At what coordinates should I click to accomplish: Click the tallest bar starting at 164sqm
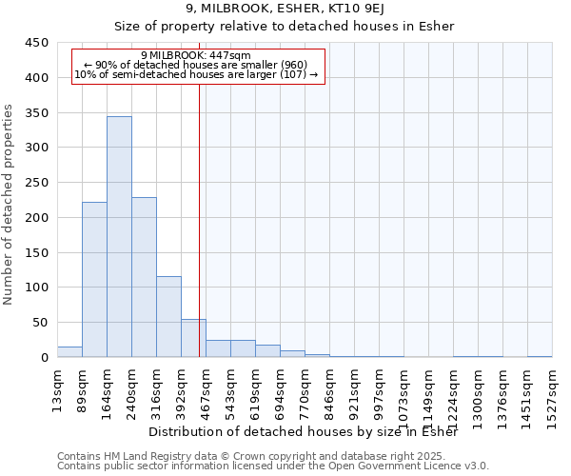pyautogui.click(x=119, y=237)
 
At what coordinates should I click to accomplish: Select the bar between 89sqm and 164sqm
pyautogui.click(x=94, y=280)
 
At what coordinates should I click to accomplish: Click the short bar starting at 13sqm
pyautogui.click(x=69, y=351)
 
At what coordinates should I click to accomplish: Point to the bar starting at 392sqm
pyautogui.click(x=193, y=338)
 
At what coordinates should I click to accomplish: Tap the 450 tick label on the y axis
pyautogui.click(x=37, y=43)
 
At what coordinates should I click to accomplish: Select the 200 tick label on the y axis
pyautogui.click(x=37, y=218)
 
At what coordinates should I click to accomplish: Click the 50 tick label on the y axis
pyautogui.click(x=41, y=323)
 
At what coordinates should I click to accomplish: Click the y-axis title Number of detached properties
pyautogui.click(x=10, y=205)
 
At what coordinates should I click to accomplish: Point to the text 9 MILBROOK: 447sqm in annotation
pyautogui.click(x=195, y=55)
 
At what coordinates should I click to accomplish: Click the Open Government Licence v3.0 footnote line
pyautogui.click(x=273, y=466)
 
